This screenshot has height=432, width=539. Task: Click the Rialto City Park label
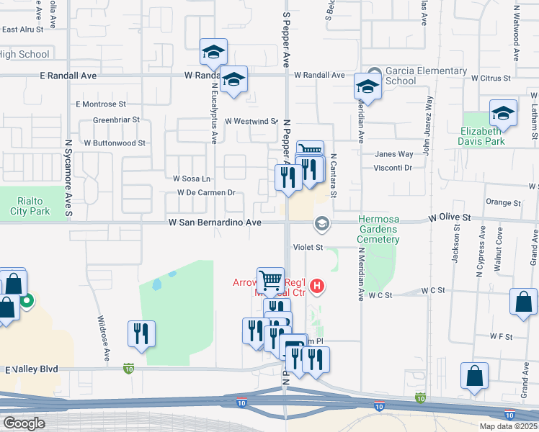(x=30, y=206)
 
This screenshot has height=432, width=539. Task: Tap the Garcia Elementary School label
(x=425, y=76)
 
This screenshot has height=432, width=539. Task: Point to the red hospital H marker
(x=316, y=289)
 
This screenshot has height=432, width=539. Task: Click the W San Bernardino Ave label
(x=215, y=223)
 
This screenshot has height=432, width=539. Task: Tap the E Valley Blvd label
(x=31, y=369)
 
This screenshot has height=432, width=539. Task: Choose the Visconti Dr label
(x=393, y=167)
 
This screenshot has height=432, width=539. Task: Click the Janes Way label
(x=394, y=154)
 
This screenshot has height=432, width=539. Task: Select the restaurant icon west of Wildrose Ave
(x=141, y=333)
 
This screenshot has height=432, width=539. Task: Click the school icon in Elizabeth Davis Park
(x=504, y=113)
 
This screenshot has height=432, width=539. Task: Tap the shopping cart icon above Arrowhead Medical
(x=271, y=279)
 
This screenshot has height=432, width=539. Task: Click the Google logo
(x=24, y=423)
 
